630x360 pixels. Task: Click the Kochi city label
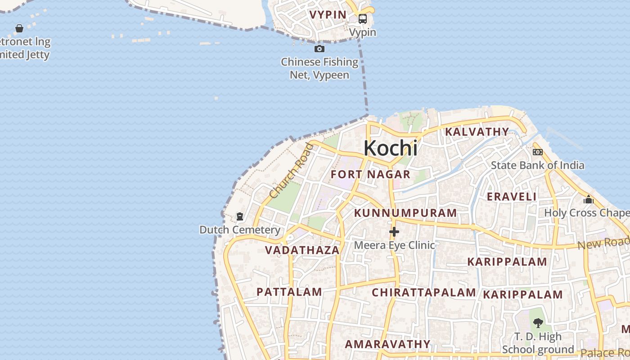click(x=390, y=148)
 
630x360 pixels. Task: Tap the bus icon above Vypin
click(x=362, y=19)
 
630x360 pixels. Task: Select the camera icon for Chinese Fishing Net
click(x=319, y=49)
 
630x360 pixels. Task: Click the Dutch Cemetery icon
click(x=239, y=217)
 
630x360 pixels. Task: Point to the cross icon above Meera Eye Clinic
click(x=394, y=232)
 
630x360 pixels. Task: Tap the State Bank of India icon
click(x=537, y=152)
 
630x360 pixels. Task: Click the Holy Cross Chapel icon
click(x=589, y=199)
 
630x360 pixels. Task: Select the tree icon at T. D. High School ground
click(x=538, y=323)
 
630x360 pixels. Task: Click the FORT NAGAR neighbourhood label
click(x=370, y=175)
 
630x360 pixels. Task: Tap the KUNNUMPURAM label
click(x=405, y=213)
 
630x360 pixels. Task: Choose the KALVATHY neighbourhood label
click(x=477, y=132)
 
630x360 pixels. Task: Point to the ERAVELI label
click(x=512, y=197)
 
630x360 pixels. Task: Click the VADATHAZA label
click(x=302, y=250)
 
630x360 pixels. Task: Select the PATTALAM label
click(x=289, y=292)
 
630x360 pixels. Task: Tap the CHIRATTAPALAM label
click(x=423, y=292)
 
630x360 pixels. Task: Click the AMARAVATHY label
click(x=387, y=344)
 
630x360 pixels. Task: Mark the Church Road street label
click(x=291, y=171)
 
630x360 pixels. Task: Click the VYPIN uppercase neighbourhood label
click(x=328, y=15)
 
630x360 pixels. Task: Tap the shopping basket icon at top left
click(x=19, y=29)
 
